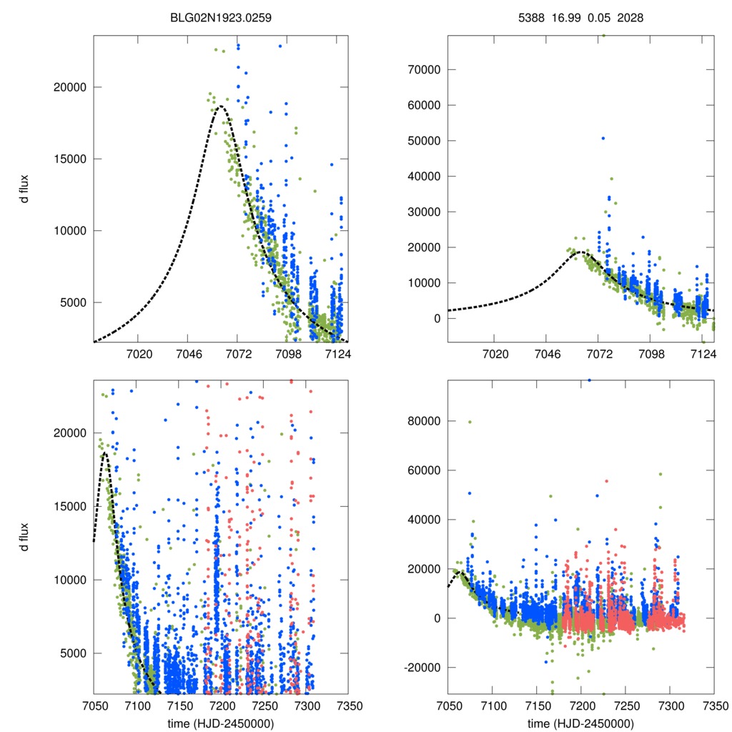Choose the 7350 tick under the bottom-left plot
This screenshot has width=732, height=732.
[x=349, y=705]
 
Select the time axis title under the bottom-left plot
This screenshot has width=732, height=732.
[x=222, y=723]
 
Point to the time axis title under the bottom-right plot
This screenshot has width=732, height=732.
[x=580, y=723]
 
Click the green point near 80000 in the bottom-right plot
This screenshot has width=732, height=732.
[x=470, y=422]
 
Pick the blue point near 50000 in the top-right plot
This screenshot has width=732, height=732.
[x=603, y=138]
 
